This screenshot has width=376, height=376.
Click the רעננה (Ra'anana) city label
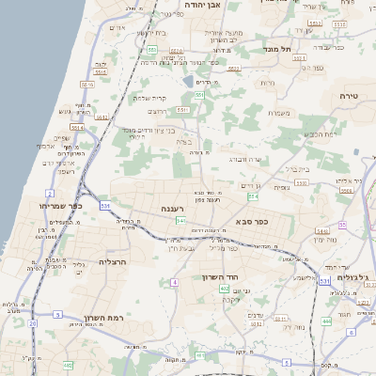(173, 208)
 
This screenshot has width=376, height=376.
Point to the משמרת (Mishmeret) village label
(277, 114)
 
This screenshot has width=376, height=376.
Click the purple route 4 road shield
(174, 282)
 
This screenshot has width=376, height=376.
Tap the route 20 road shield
(32, 323)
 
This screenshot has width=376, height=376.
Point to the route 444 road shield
(326, 322)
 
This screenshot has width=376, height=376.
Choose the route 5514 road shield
(77, 127)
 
